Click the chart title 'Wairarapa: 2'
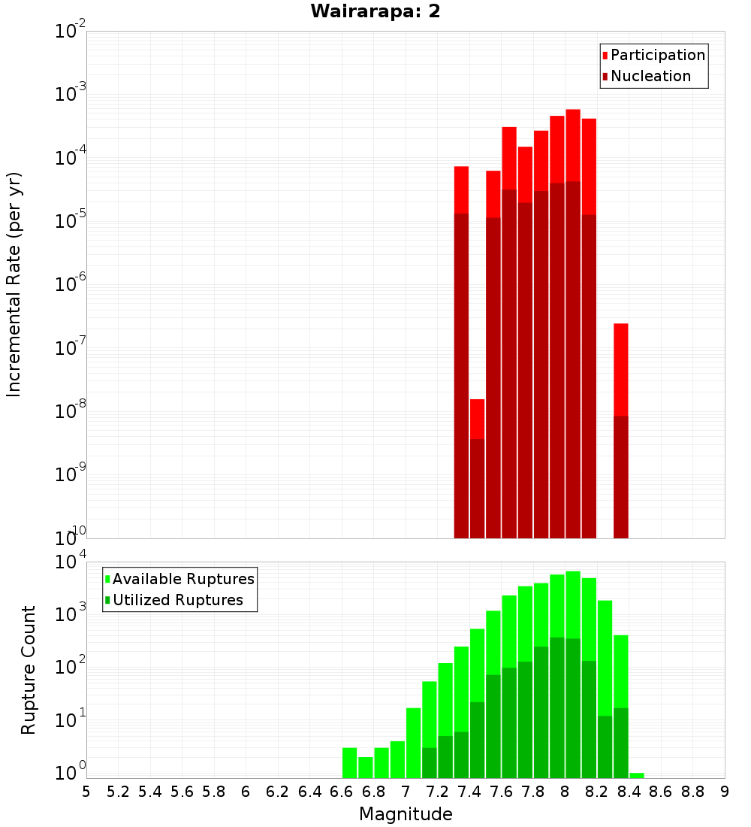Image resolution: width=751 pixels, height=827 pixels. [375, 11]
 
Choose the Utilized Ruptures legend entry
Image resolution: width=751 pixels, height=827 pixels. [177, 600]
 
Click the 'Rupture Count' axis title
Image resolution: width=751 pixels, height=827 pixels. [29, 670]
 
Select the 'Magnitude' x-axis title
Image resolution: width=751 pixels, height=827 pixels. [406, 814]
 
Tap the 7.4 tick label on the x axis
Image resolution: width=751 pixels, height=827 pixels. [469, 792]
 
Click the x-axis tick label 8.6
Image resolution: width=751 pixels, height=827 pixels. [661, 792]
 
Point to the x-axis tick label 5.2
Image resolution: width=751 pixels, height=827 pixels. [119, 792]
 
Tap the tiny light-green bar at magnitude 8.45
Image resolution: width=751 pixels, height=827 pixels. [637, 775]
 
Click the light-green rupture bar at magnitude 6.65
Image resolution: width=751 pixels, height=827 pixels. [349, 763]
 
